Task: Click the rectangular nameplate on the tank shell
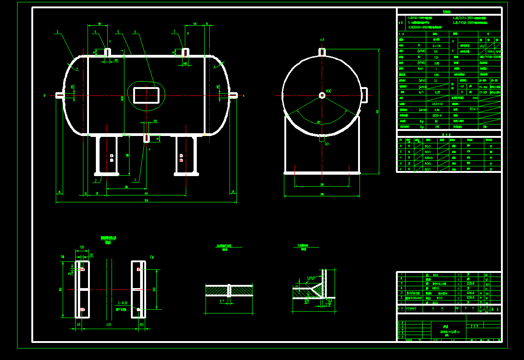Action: pos(147,95)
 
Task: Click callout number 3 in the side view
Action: pos(57,32)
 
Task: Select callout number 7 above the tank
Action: pos(175,32)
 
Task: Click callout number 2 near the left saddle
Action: pos(96,181)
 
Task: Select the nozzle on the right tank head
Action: pos(234,95)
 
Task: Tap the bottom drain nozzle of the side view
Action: pos(147,138)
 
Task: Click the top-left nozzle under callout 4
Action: pos(107,52)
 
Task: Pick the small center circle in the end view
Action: pos(322,95)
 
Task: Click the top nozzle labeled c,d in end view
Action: pos(323,52)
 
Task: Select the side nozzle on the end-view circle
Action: pos(364,95)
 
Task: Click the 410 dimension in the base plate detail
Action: pos(109,325)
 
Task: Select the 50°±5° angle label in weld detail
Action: pos(311,278)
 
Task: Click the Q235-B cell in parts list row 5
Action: pos(469,284)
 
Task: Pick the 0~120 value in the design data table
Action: pos(436,46)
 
